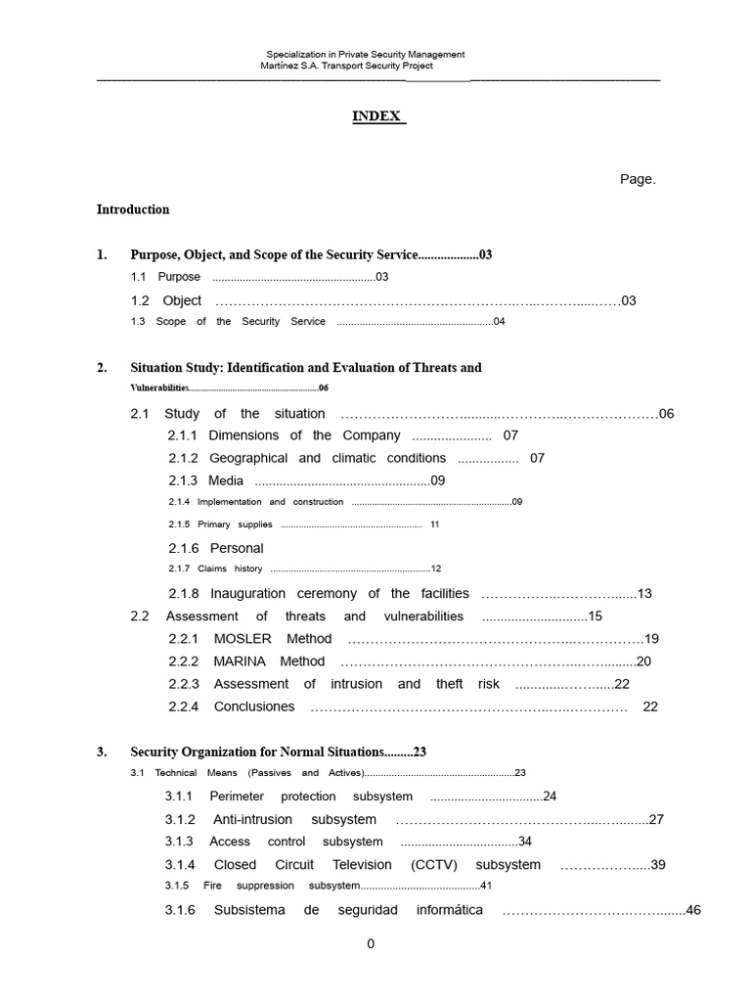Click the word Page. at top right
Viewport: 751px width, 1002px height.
pos(638,179)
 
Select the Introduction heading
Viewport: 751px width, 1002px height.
pos(133,209)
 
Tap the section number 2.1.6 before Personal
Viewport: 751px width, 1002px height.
pos(183,549)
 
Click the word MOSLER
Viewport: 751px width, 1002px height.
pos(243,639)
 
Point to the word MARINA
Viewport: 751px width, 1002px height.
pos(242,661)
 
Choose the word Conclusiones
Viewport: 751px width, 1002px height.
pos(254,706)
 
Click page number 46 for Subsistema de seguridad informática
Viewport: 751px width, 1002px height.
pos(694,910)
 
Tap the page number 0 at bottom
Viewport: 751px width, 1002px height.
pos(371,944)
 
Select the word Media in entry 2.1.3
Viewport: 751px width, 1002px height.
pos(226,480)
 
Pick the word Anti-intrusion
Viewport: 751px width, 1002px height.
pos(253,820)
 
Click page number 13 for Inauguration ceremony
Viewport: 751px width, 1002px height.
pos(644,594)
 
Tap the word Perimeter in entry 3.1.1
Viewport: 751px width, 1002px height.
pos(237,797)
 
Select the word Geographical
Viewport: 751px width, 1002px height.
pos(248,458)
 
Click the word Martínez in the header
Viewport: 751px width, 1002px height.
pos(285,66)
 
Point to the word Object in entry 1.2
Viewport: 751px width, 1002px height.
pos(182,300)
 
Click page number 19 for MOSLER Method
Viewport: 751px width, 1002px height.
pos(652,639)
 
